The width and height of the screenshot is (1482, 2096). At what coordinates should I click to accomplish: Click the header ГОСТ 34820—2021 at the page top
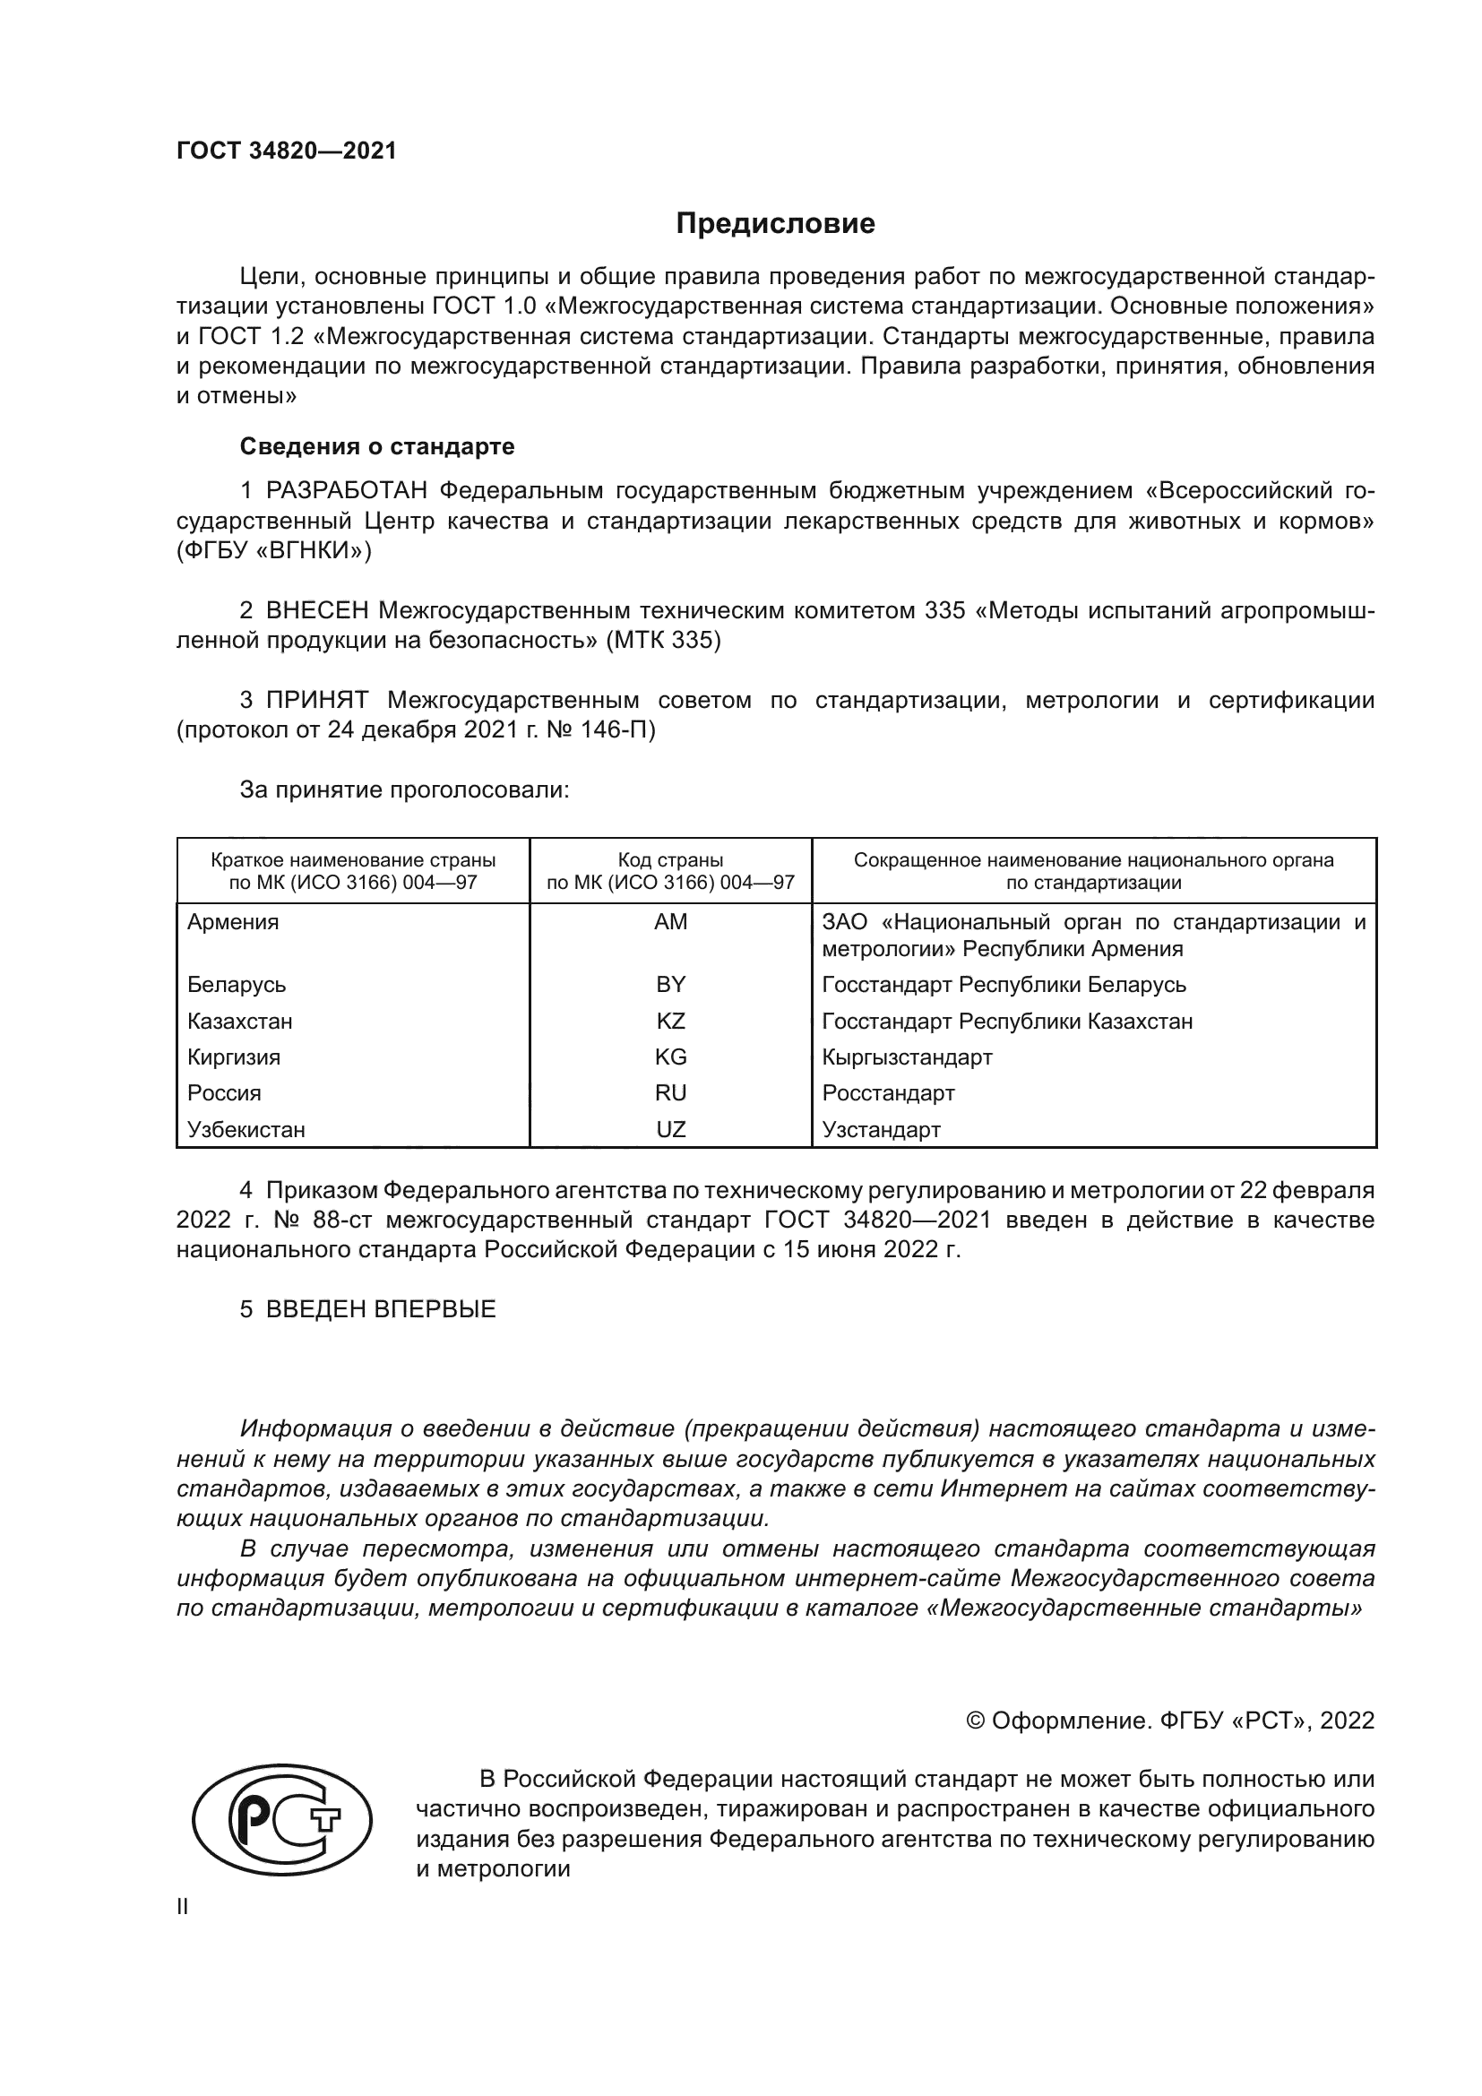coord(287,151)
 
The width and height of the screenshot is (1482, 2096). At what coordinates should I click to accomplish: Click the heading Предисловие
coord(775,224)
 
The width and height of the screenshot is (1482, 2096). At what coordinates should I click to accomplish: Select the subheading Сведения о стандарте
coord(377,446)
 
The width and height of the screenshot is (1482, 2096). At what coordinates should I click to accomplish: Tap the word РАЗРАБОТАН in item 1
coord(347,491)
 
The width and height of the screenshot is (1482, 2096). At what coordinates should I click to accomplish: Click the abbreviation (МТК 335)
coord(663,641)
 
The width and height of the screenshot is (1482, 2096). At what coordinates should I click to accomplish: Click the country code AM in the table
coord(671,922)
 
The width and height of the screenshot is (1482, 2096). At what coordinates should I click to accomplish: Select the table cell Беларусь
coord(237,985)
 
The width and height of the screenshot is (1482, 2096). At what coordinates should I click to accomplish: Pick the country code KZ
coord(671,1022)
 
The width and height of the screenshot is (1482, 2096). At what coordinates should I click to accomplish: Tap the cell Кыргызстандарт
coord(906,1057)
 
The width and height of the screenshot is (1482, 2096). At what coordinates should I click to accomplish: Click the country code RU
coord(671,1093)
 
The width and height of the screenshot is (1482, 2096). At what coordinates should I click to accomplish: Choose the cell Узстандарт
coord(881,1130)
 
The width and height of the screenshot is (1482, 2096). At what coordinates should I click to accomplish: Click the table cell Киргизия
coord(234,1057)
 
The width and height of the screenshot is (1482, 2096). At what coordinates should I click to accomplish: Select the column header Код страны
coord(671,860)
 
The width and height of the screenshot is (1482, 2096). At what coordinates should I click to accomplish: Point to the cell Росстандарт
coord(888,1093)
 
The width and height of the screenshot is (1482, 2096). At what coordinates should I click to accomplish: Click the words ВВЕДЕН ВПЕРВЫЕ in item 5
coord(381,1309)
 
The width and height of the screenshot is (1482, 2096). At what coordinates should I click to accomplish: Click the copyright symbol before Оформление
coord(976,1721)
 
